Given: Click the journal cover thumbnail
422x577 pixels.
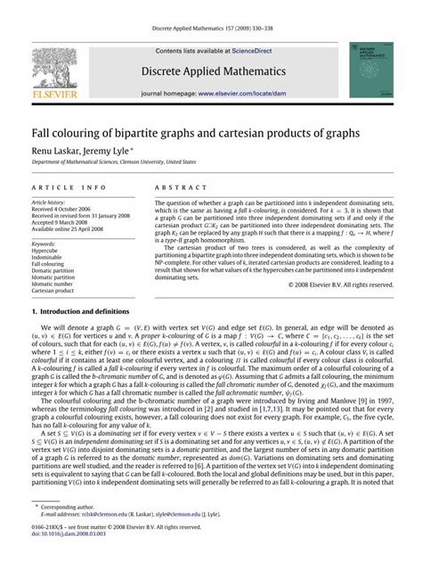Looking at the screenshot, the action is (x=368, y=72).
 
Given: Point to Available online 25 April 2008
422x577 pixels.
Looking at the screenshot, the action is (x=70, y=228).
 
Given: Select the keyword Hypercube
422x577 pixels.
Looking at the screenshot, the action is (x=46, y=250).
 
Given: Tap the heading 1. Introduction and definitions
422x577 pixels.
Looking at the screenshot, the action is (x=93, y=336).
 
